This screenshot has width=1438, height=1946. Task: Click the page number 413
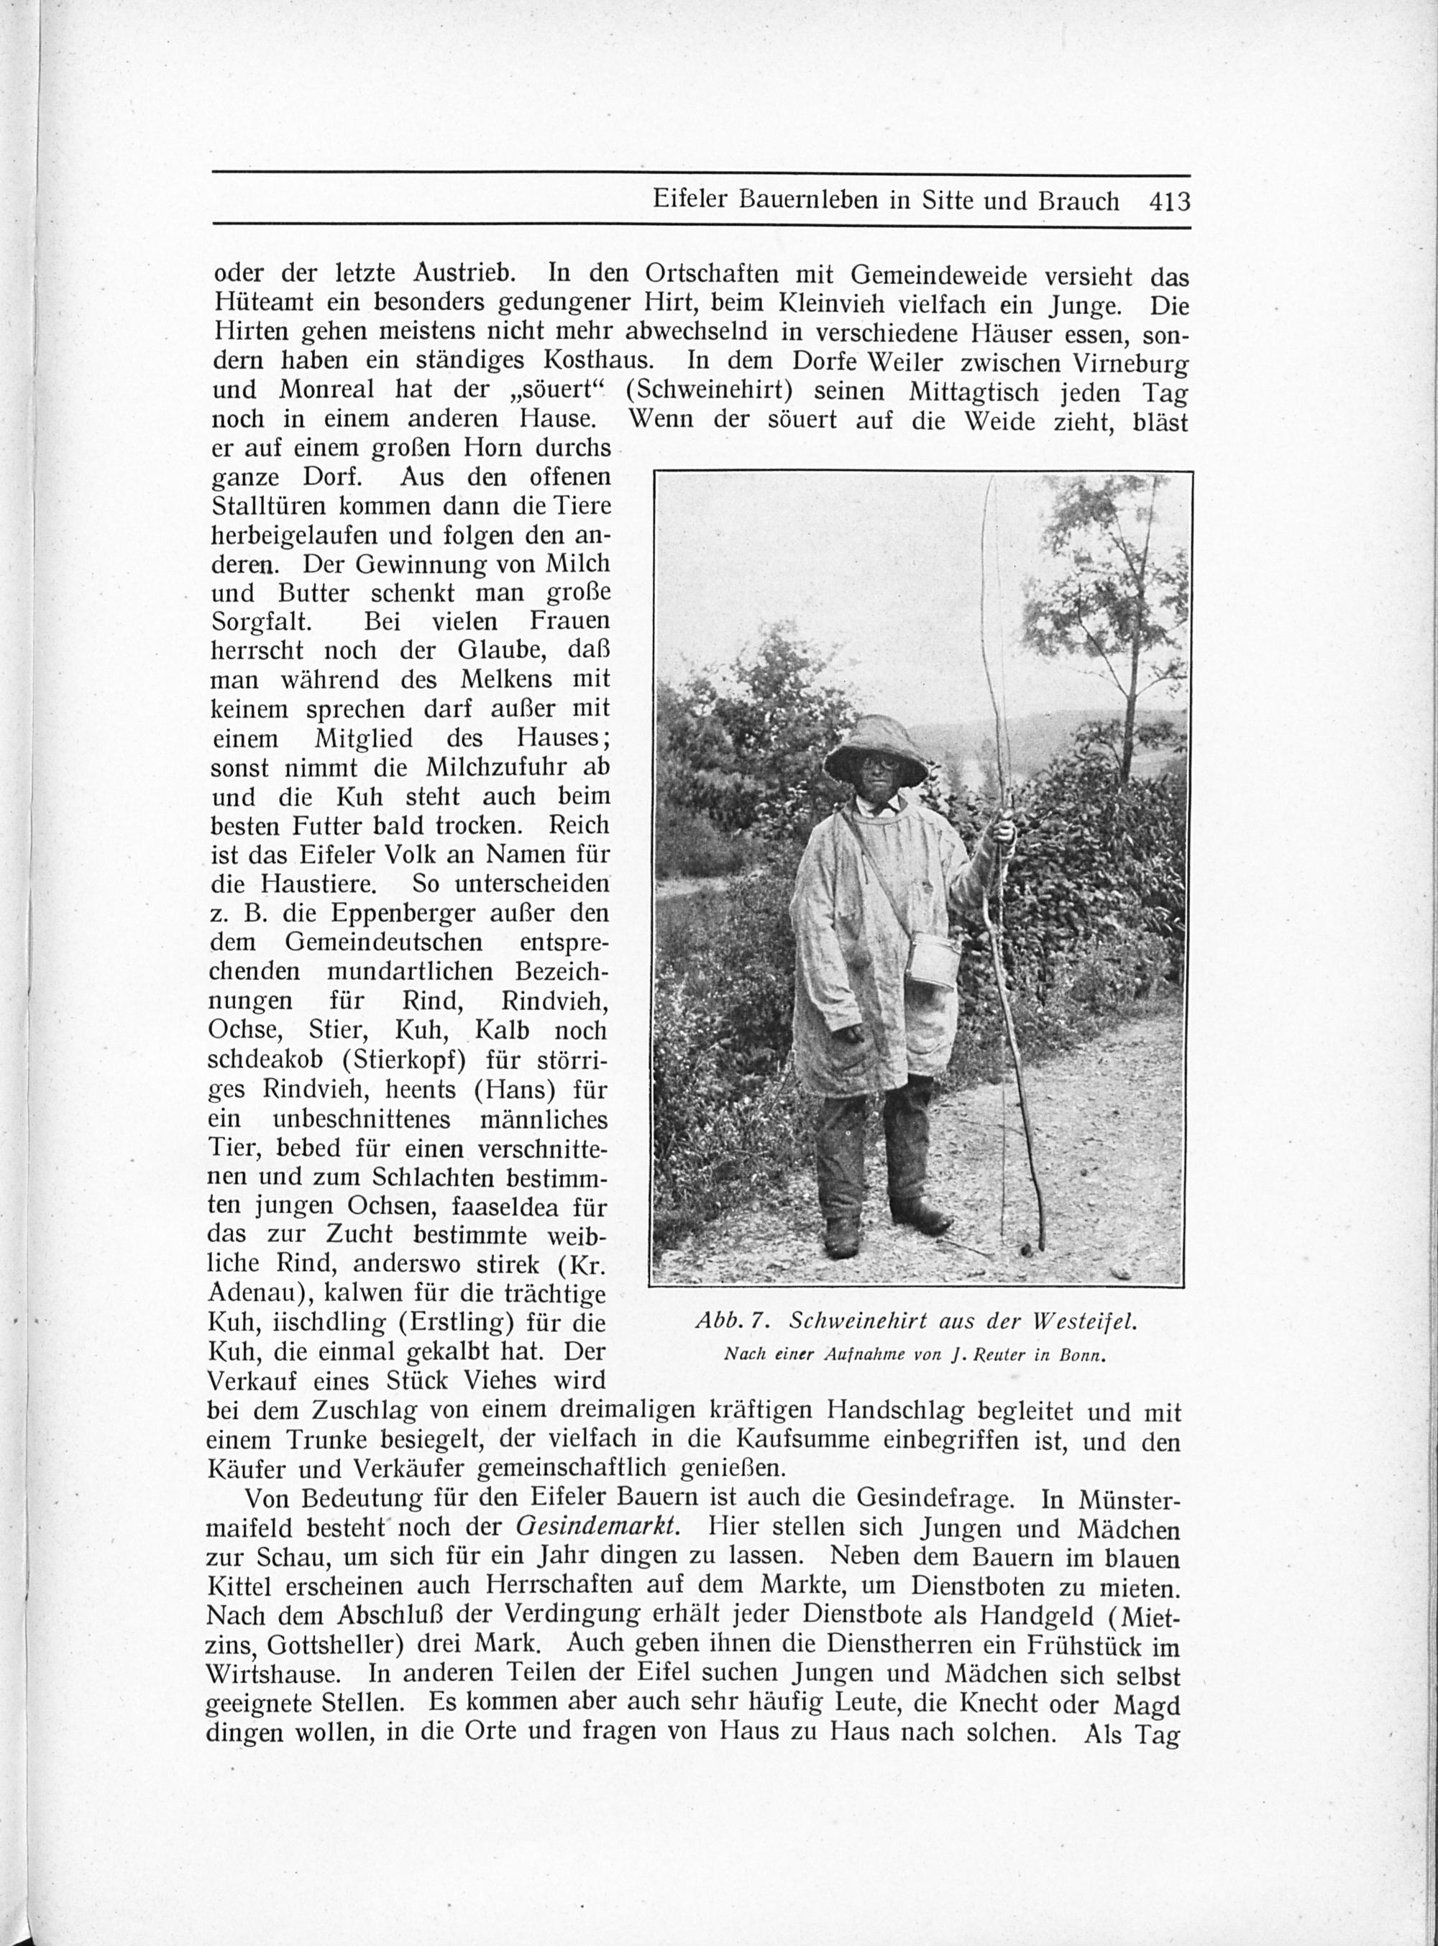coord(1168,202)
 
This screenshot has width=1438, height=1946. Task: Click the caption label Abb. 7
coord(730,1321)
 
